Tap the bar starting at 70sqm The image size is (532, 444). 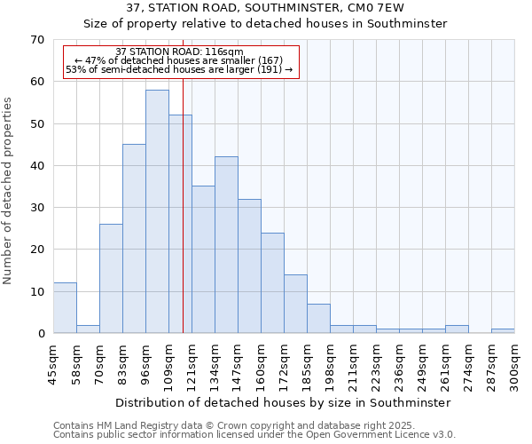click(x=111, y=279)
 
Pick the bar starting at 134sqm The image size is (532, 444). click(x=226, y=245)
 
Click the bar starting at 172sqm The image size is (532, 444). click(x=295, y=304)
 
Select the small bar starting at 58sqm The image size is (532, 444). click(x=88, y=329)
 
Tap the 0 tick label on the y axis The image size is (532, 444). click(x=40, y=334)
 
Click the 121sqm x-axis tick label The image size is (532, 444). click(x=192, y=363)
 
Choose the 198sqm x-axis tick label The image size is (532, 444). click(x=330, y=363)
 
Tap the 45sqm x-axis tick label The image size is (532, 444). click(x=53, y=363)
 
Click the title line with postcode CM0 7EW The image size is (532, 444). click(x=265, y=7)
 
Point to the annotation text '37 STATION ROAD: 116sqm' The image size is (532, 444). click(x=179, y=52)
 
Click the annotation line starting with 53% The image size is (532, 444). click(x=179, y=68)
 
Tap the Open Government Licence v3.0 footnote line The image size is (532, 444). click(x=254, y=435)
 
